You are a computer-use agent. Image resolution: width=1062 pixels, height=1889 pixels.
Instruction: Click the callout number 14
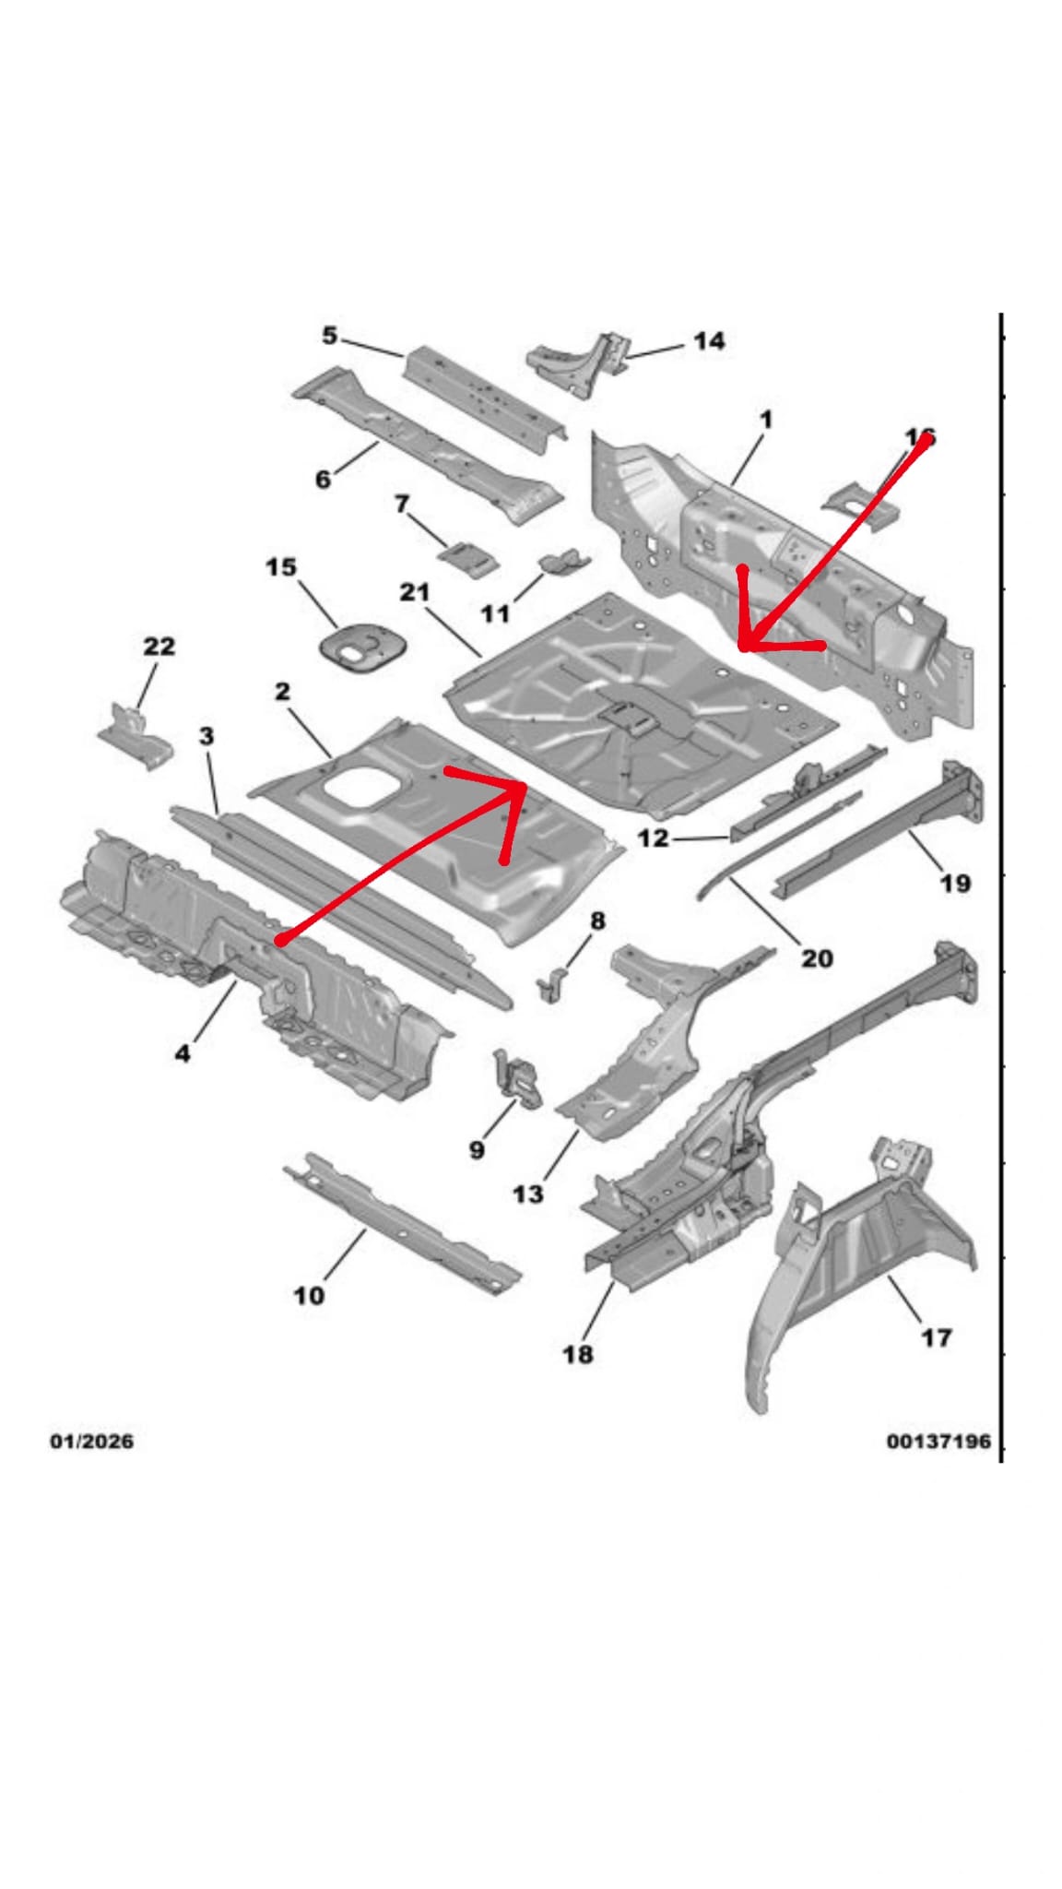(x=708, y=341)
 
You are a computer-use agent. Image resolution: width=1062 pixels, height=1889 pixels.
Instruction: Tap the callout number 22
(x=159, y=646)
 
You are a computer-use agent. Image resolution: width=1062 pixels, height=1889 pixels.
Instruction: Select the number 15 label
(x=281, y=566)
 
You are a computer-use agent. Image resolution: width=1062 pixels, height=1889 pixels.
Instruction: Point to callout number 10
(x=309, y=1295)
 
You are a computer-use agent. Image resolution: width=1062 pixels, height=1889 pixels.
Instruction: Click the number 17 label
(x=937, y=1337)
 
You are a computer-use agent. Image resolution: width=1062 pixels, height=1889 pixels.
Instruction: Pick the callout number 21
(x=415, y=591)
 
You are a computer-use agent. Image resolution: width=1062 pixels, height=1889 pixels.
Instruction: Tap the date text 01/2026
(x=90, y=1440)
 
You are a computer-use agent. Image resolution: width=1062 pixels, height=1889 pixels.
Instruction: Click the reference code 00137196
(x=938, y=1440)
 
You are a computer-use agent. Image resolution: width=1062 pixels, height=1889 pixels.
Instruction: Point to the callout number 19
(x=955, y=883)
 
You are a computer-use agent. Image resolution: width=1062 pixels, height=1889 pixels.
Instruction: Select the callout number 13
(x=527, y=1194)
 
